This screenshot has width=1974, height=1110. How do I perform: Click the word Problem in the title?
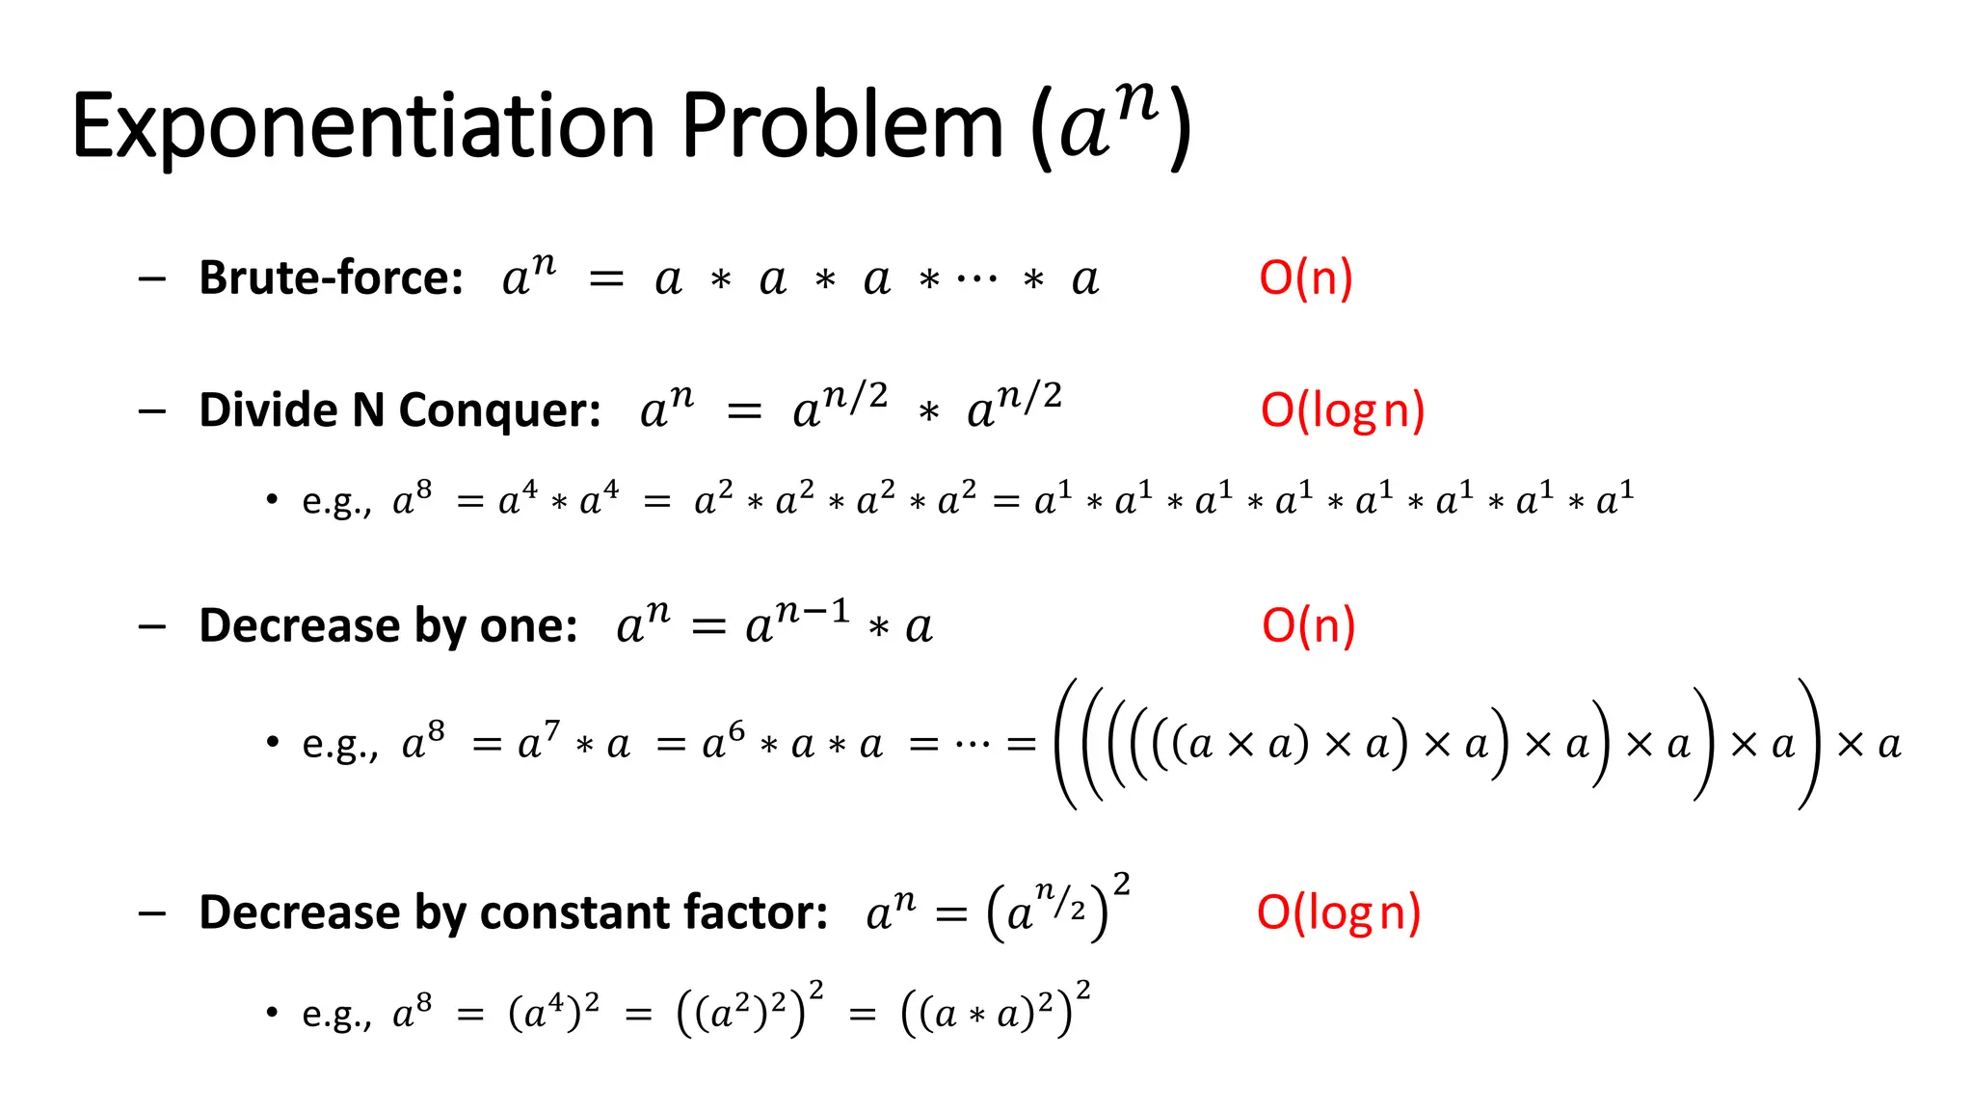(842, 127)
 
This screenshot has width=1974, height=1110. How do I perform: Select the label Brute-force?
(331, 277)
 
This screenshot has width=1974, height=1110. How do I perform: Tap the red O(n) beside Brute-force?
(1306, 277)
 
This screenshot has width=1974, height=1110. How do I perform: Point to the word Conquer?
(499, 411)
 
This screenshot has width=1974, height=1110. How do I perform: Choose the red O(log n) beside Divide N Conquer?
(1342, 410)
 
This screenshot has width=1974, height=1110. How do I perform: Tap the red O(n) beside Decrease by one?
(1308, 625)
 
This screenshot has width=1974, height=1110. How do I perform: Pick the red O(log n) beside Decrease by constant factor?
(1338, 912)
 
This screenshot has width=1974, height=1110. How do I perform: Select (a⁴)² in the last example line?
(553, 1011)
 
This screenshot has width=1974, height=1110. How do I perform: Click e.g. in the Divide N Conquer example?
(335, 501)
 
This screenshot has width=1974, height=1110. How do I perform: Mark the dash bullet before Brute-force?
(151, 279)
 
